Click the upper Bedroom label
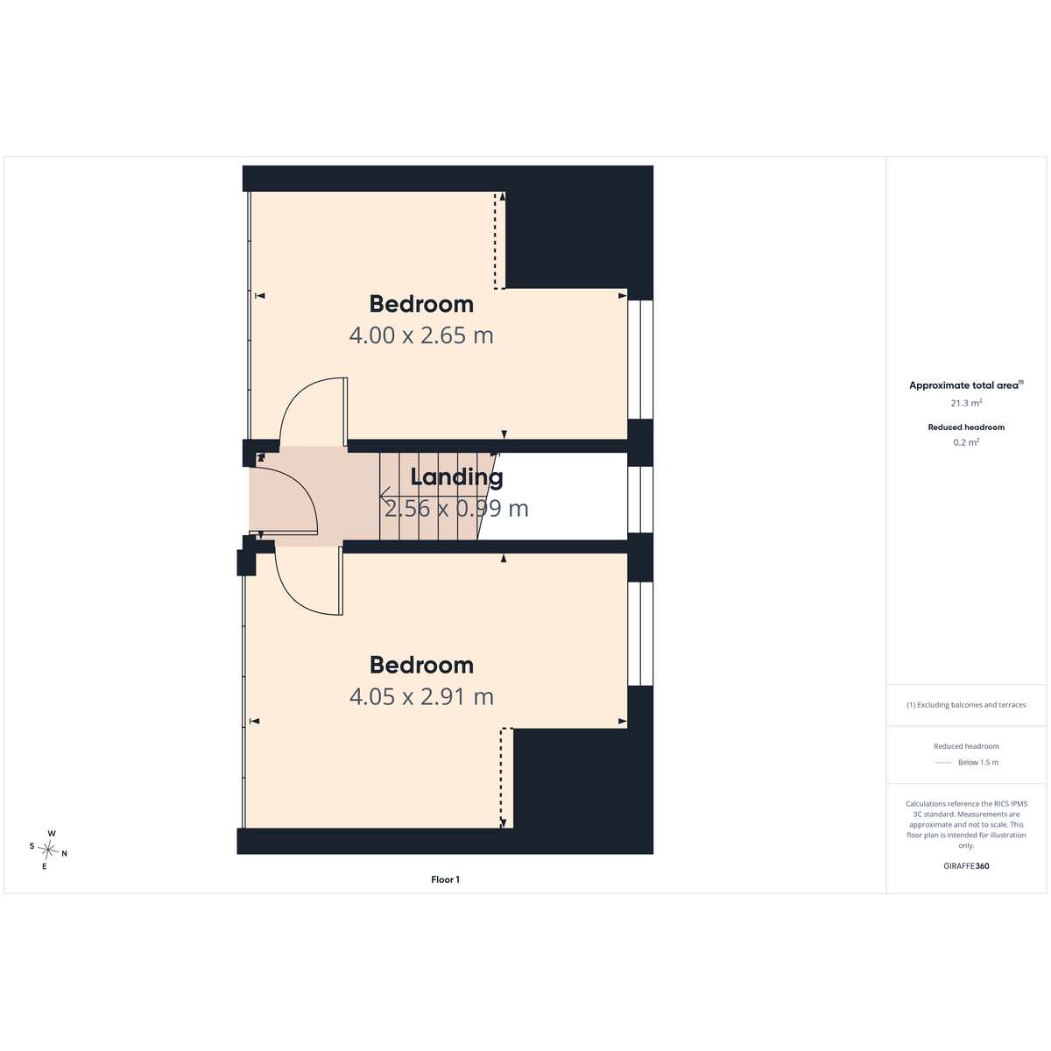421,304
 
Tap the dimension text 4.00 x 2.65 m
421,335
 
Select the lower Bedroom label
421,665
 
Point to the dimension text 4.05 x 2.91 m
421,696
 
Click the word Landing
456,477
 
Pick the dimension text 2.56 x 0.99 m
456,508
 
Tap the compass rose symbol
48,850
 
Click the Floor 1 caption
445,879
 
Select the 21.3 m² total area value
966,403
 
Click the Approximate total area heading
966,385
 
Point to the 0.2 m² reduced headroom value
966,442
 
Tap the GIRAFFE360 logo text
966,865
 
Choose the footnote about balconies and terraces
966,705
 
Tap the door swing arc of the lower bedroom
297,595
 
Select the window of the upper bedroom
640,360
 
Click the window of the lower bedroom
640,634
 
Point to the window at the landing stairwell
640,499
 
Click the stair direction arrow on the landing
430,496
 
